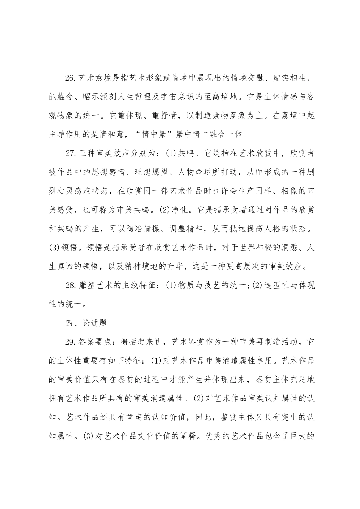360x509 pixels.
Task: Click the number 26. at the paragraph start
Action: pyautogui.click(x=71, y=78)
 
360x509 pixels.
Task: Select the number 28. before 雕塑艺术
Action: pyautogui.click(x=71, y=285)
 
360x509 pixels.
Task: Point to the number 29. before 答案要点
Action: pyautogui.click(x=71, y=341)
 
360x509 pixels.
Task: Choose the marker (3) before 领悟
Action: pyautogui.click(x=55, y=248)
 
